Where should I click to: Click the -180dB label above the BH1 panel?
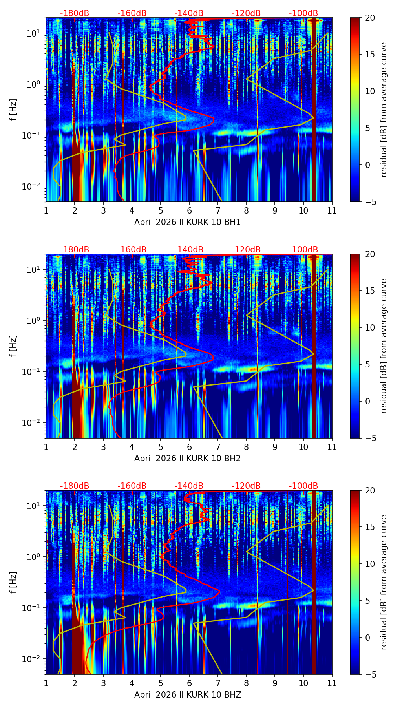pos(75,13)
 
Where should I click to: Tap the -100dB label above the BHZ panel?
pos(303,486)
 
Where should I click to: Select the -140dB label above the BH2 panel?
pos(189,250)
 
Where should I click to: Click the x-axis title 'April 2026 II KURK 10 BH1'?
pos(187,222)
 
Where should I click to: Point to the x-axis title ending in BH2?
pos(187,459)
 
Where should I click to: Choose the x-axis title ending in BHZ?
pos(187,695)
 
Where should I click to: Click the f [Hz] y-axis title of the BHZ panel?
pos(13,583)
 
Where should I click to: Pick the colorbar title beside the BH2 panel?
pos(384,346)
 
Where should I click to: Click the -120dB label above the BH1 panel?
pos(246,13)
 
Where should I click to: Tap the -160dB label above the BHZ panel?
pos(132,486)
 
